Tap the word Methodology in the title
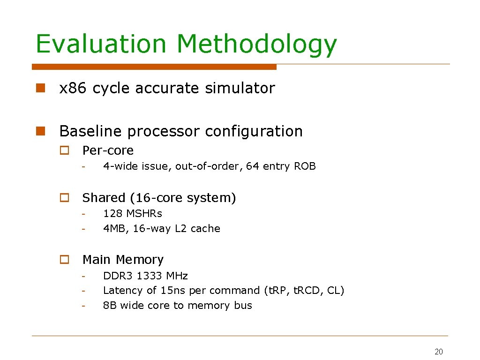256,45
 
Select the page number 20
439,352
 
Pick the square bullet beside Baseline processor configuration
41,131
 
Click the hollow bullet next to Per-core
65,151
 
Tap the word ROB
305,166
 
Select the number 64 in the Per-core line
252,166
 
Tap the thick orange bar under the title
154,67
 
